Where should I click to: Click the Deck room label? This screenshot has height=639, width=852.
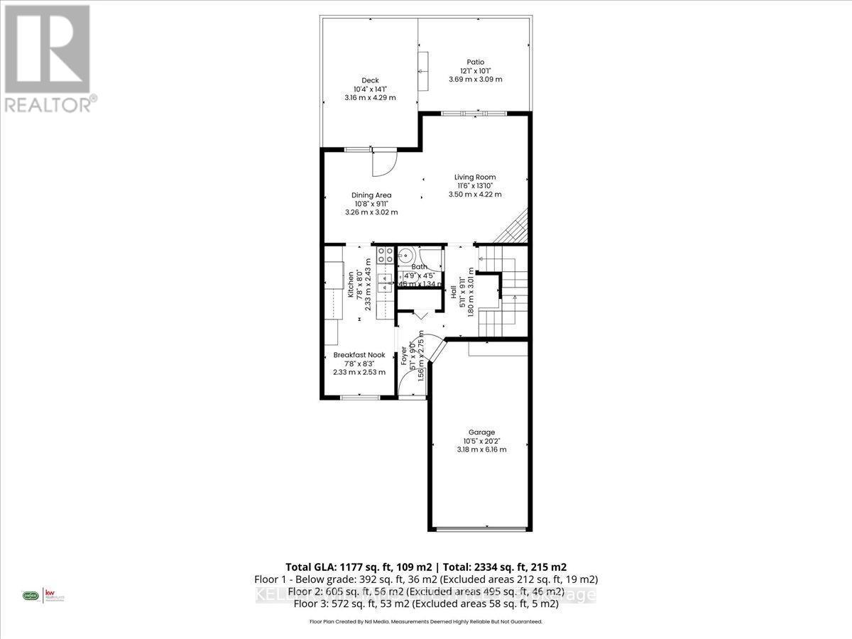click(x=370, y=80)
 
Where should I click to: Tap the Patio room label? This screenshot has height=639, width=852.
click(x=475, y=62)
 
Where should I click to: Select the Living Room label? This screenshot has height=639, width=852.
click(x=475, y=177)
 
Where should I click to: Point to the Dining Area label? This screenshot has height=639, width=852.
click(x=371, y=195)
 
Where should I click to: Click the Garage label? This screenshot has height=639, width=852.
click(x=481, y=432)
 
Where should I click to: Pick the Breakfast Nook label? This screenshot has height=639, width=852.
click(x=359, y=355)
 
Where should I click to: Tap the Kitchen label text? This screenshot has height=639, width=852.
click(x=351, y=283)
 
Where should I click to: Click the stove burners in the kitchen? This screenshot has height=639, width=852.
click(x=385, y=254)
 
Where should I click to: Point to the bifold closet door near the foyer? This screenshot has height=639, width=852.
click(x=419, y=315)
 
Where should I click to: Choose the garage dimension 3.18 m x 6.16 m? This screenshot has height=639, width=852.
click(x=481, y=449)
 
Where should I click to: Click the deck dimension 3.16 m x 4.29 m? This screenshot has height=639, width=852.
click(x=370, y=97)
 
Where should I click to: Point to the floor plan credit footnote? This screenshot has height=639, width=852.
click(x=426, y=621)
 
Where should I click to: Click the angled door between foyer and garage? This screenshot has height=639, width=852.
click(x=436, y=353)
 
